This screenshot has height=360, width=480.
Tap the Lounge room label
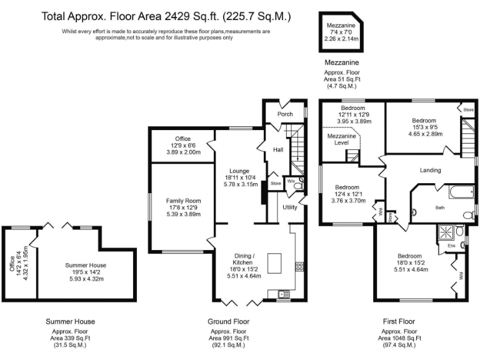pos(239,171)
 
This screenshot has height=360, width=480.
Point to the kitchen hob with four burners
pos(299,266)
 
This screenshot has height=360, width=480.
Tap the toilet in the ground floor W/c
pos(297,184)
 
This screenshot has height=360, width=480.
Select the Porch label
pos(285,114)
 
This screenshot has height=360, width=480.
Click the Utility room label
pos(289,207)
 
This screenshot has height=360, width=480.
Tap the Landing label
pos(430,170)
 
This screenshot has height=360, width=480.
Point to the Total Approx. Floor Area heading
pos(166,15)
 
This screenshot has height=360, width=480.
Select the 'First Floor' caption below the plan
pos(399,321)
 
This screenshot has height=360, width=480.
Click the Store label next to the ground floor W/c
pos(276,183)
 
